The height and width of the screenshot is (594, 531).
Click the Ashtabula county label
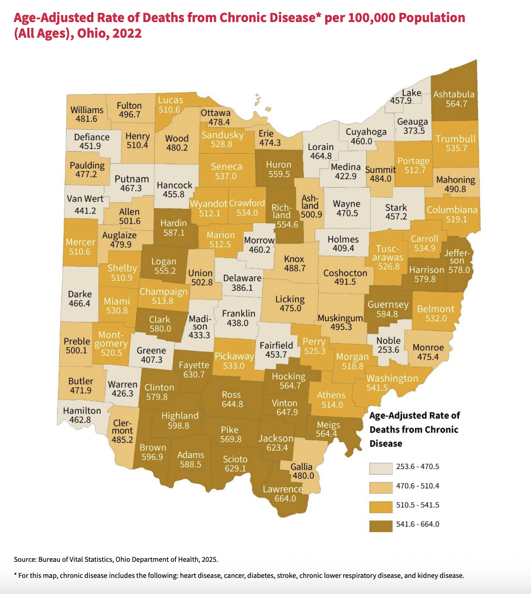[454, 94]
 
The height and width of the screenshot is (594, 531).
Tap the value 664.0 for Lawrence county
[285, 499]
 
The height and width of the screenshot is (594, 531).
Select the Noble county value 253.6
[388, 350]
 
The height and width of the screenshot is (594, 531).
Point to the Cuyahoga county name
[366, 132]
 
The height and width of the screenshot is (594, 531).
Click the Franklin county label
[238, 314]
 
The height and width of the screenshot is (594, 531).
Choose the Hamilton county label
[82, 411]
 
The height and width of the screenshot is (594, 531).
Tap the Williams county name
[87, 110]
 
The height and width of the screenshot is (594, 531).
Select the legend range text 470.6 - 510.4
[417, 486]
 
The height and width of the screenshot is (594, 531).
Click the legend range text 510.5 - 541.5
[417, 505]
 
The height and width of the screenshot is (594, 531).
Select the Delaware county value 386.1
[242, 288]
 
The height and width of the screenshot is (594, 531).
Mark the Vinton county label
[284, 403]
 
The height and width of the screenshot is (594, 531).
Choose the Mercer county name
[81, 242]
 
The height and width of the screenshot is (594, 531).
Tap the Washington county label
[392, 378]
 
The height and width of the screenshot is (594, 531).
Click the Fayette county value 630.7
[194, 375]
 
